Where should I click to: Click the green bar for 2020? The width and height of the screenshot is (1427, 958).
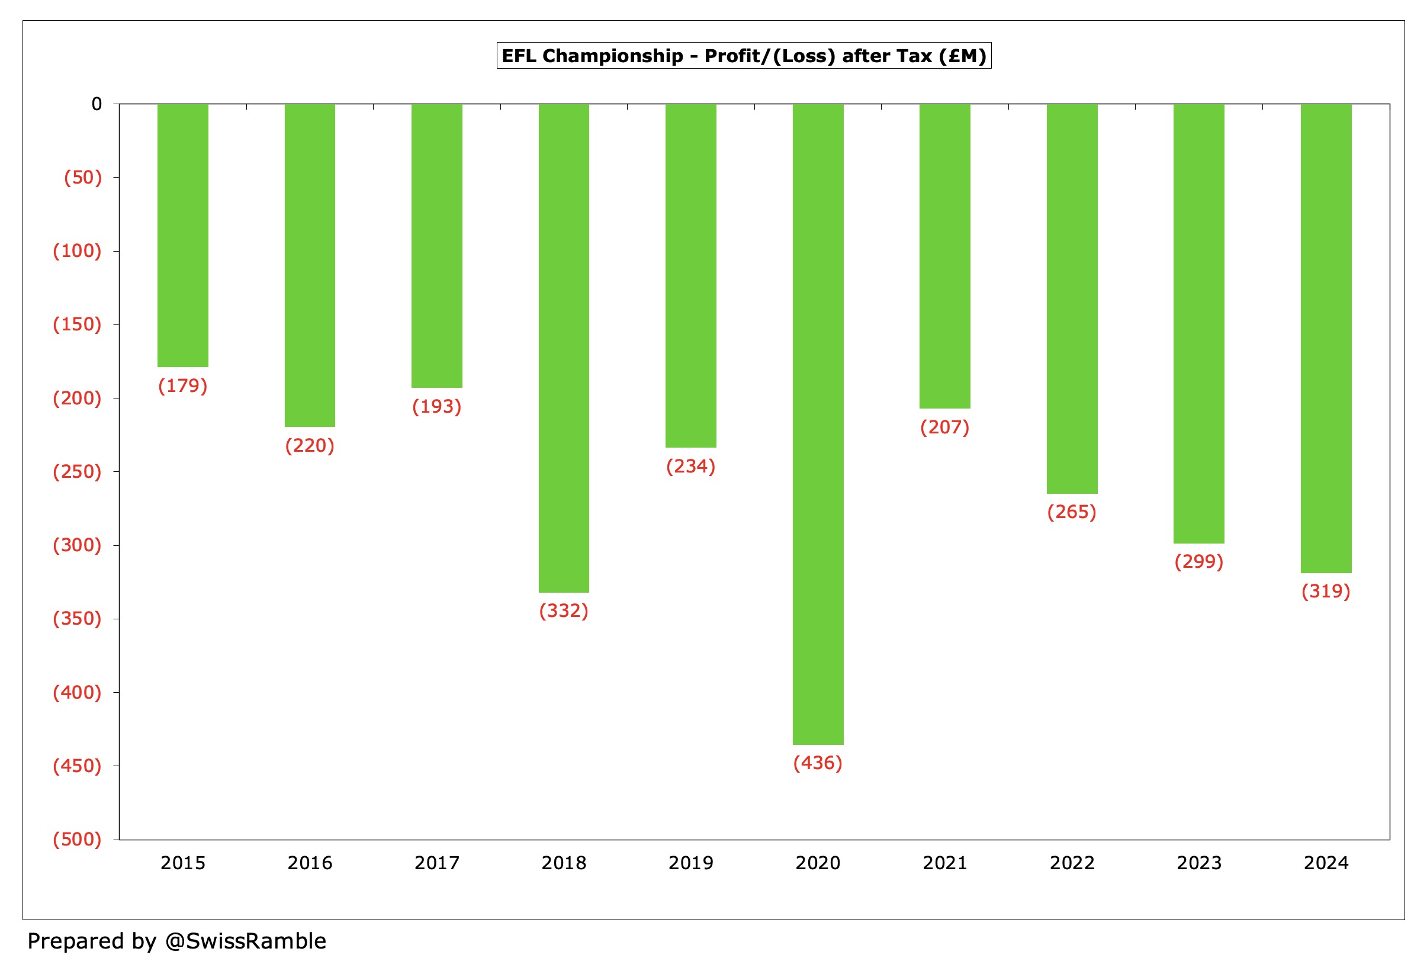pyautogui.click(x=817, y=424)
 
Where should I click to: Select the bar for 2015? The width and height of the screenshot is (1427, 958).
pyautogui.click(x=182, y=235)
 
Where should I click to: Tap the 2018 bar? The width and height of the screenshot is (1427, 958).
pyautogui.click(x=563, y=348)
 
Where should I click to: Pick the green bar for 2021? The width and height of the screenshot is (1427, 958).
pyautogui.click(x=944, y=256)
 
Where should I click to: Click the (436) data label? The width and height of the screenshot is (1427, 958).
pyautogui.click(x=817, y=763)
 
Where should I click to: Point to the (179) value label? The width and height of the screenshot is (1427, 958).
pyautogui.click(x=182, y=386)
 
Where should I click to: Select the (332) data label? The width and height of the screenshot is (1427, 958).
pyautogui.click(x=563, y=611)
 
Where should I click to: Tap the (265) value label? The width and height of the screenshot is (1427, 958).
pyautogui.click(x=1072, y=512)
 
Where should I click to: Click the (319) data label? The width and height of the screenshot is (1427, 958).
pyautogui.click(x=1326, y=591)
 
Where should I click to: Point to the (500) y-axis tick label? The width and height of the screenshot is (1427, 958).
pyautogui.click(x=77, y=839)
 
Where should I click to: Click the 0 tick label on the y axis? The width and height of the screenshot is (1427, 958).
pyautogui.click(x=97, y=104)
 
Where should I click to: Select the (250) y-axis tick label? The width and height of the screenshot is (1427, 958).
pyautogui.click(x=77, y=472)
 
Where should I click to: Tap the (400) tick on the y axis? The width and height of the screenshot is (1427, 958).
pyautogui.click(x=77, y=692)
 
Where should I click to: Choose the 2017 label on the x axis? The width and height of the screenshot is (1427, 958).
pyautogui.click(x=437, y=863)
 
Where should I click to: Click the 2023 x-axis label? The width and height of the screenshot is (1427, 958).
pyautogui.click(x=1198, y=863)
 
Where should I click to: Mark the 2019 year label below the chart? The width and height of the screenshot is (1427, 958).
pyautogui.click(x=690, y=863)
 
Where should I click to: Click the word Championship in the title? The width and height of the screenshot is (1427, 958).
pyautogui.click(x=613, y=56)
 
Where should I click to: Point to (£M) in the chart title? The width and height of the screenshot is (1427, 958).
pyautogui.click(x=962, y=56)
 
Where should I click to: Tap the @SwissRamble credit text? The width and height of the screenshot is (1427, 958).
pyautogui.click(x=246, y=941)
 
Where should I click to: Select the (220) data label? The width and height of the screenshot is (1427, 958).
pyautogui.click(x=310, y=446)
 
